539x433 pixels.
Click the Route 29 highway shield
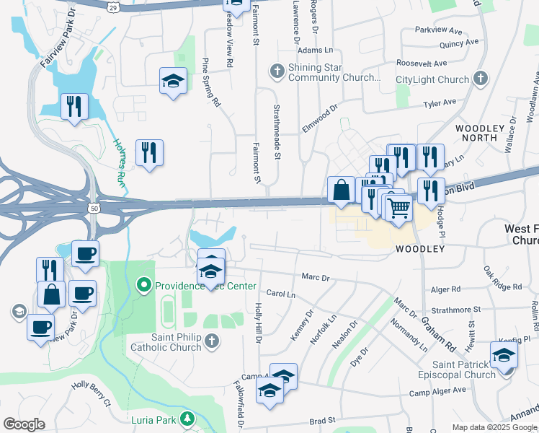pos(113,6)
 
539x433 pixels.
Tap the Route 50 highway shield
pos(94,208)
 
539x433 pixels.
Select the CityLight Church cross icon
pos(481,79)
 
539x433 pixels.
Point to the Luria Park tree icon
pos(187,419)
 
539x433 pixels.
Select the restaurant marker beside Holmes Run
pos(149,152)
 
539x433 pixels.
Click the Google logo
pos(24,424)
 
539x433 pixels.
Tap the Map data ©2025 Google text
pos(494,427)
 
